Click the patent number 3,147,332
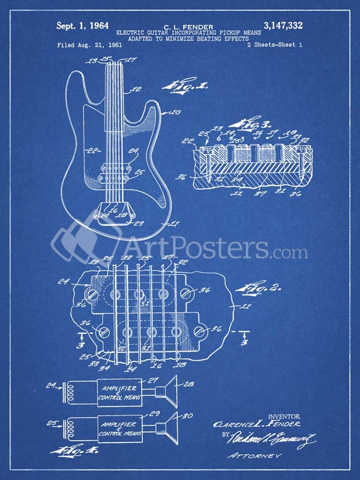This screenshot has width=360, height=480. [x=283, y=26]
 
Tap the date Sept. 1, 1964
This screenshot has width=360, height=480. [x=82, y=26]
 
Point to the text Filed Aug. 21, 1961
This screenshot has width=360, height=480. [x=90, y=45]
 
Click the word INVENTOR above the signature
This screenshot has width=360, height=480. [x=285, y=416]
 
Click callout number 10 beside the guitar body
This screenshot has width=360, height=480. [x=175, y=112]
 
